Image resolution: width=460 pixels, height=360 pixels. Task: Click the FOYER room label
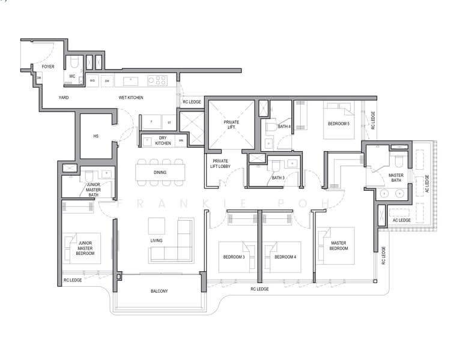(47, 67)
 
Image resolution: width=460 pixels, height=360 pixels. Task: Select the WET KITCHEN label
(131, 97)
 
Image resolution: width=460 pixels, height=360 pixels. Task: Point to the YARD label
(64, 97)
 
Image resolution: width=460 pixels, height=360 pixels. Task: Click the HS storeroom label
(95, 136)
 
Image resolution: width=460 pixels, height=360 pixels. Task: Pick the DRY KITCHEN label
(163, 140)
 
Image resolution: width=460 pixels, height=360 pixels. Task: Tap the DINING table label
(160, 173)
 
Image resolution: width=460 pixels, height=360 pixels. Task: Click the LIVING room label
(157, 241)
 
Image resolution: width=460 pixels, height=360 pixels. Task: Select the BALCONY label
(159, 292)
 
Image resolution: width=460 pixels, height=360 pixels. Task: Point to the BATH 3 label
(277, 178)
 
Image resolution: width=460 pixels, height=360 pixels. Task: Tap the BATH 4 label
(285, 127)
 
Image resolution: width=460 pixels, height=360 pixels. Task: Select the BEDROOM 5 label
(339, 124)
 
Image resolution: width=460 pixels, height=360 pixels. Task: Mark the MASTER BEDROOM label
(340, 246)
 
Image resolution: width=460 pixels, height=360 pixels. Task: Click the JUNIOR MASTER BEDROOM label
(86, 248)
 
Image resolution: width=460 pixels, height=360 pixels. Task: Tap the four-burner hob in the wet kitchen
(157, 80)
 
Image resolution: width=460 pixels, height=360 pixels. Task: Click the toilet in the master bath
(398, 161)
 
